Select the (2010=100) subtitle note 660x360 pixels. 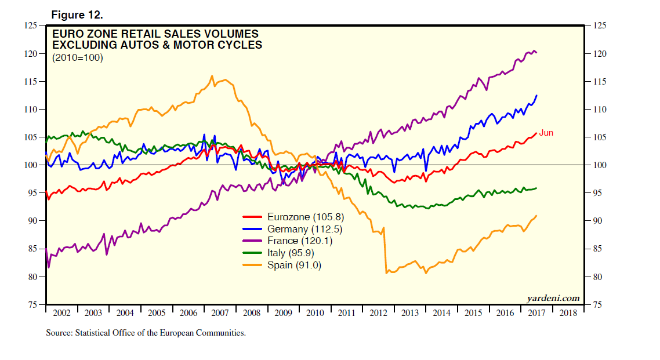click(78, 57)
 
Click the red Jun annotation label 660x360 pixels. click(546, 133)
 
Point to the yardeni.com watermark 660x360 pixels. click(553, 298)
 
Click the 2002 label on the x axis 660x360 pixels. click(61, 313)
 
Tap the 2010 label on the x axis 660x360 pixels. click(315, 313)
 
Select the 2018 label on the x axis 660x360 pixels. click(568, 313)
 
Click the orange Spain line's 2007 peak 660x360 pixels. click(212, 76)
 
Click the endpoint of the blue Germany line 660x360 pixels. click(536, 96)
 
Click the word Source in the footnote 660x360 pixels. click(60, 333)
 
